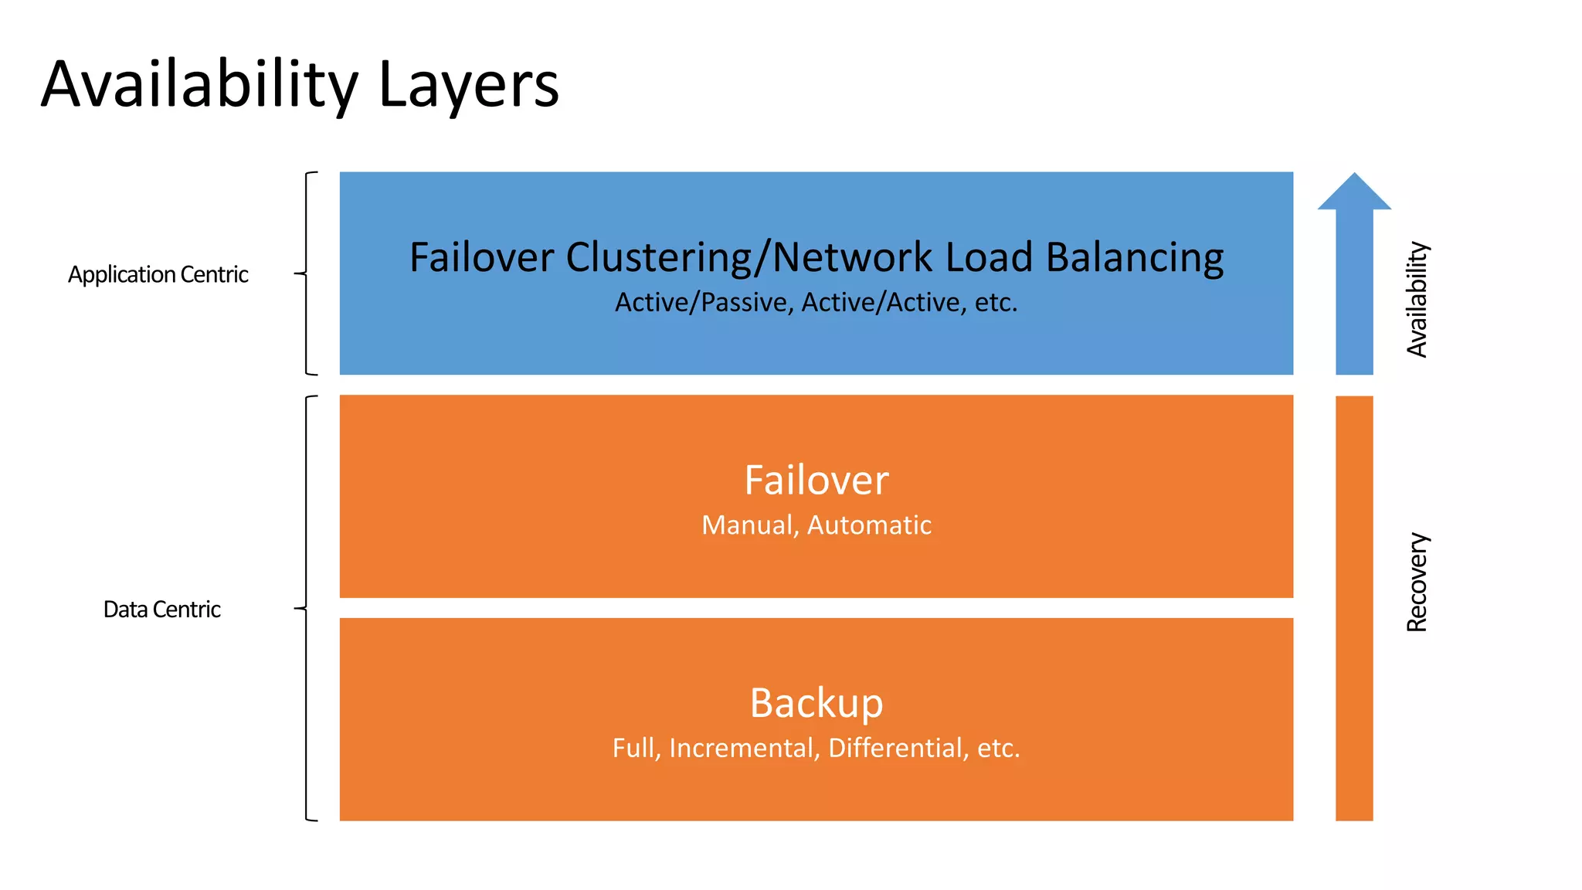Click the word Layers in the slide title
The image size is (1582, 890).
coord(468,85)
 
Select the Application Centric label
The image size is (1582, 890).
coord(158,274)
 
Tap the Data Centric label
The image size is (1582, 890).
coord(161,610)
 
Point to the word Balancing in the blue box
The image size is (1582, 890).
coord(1134,257)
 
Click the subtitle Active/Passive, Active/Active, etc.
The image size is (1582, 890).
coord(816,302)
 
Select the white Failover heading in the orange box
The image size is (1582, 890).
coord(816,480)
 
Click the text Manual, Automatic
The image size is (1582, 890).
coord(816,525)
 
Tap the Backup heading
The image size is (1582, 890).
coord(816,703)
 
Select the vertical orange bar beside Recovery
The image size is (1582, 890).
coord(1354,608)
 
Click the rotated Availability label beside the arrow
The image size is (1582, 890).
coord(1417,300)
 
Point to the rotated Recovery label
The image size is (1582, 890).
coord(1417,582)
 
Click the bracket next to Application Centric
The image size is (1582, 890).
coord(307,273)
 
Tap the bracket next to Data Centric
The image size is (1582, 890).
coord(307,608)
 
